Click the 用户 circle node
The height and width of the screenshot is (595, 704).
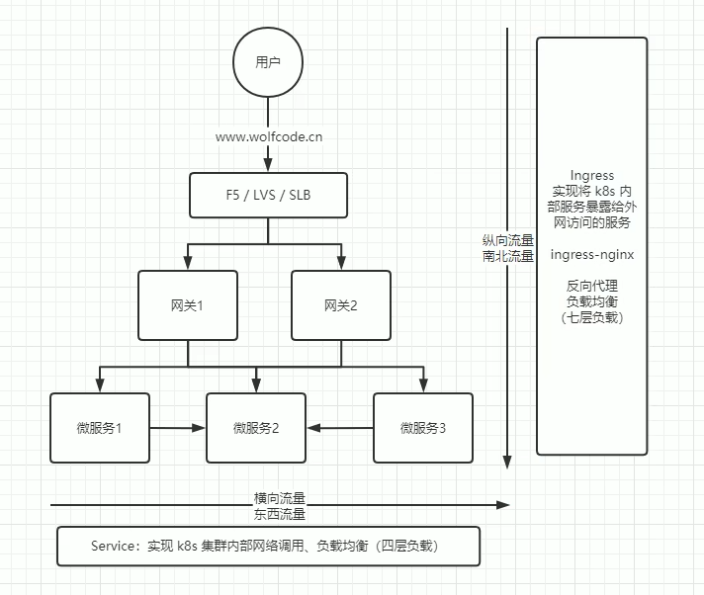[x=268, y=62]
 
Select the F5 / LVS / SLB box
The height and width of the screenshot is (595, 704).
[x=269, y=194]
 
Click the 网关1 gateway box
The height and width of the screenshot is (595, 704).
[x=187, y=305]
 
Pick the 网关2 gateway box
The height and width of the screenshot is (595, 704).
[x=340, y=305]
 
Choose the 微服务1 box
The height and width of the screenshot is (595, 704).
[x=99, y=428]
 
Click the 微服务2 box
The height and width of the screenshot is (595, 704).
[x=256, y=428]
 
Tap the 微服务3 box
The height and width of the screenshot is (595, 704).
[x=423, y=428]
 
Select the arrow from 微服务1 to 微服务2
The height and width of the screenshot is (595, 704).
[x=178, y=428]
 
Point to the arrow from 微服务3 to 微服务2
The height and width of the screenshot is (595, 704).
[x=339, y=428]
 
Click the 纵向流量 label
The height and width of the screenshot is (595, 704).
[x=508, y=240]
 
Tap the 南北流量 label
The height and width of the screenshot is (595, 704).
[x=508, y=256]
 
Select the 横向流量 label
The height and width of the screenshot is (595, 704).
[x=280, y=497]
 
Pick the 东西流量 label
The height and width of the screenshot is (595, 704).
[x=280, y=513]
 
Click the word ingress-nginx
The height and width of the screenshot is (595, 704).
[x=592, y=255]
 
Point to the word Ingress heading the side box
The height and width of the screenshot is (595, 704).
[x=592, y=176]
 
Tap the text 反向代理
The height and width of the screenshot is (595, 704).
[x=592, y=286]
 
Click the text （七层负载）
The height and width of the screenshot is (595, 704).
[x=592, y=317]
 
